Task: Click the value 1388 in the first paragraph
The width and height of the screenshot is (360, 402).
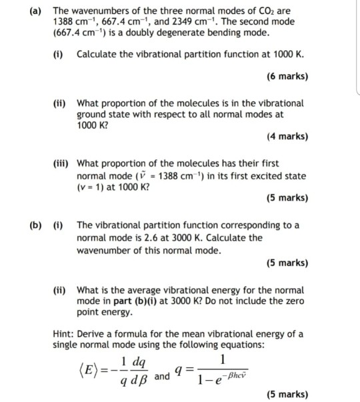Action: pyautogui.click(x=63, y=22)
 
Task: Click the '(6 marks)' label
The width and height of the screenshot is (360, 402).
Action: pyautogui.click(x=287, y=76)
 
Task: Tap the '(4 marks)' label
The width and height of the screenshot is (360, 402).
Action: pyautogui.click(x=287, y=137)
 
